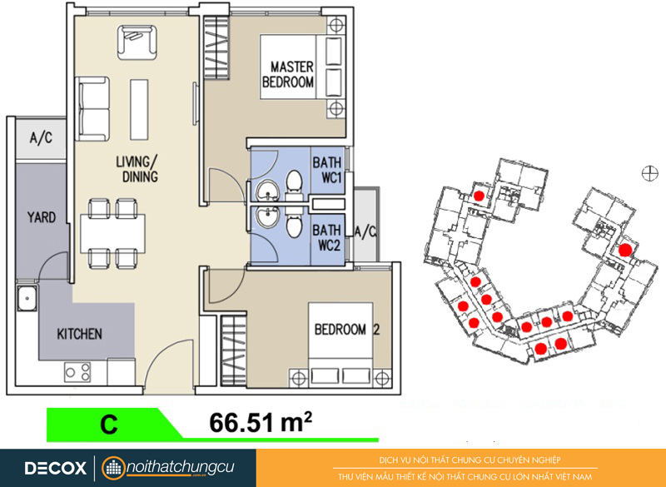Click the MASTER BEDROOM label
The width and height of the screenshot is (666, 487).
point(288,74)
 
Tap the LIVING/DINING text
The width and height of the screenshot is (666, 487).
point(137,169)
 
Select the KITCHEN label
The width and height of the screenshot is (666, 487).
point(79,334)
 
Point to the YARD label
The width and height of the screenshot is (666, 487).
point(42,217)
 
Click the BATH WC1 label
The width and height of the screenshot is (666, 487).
point(327,170)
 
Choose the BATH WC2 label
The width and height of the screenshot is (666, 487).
point(326,237)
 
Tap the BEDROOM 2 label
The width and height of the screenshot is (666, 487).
point(346,329)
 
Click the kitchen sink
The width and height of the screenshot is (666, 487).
point(27,298)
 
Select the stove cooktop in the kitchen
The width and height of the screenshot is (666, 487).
point(77,372)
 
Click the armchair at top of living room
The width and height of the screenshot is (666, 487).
point(137,42)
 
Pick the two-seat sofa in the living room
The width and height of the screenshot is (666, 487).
point(92,109)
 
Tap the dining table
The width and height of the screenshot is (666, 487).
point(113,234)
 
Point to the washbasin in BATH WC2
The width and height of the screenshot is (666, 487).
point(266,218)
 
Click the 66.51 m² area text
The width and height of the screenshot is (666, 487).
point(261,422)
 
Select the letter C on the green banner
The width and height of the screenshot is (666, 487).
point(109,425)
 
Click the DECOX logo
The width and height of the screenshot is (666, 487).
point(55,468)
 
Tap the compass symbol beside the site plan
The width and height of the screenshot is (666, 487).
point(649,173)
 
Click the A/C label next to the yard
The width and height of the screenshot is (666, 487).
point(41,137)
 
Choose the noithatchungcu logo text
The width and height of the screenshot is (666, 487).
point(180,467)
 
